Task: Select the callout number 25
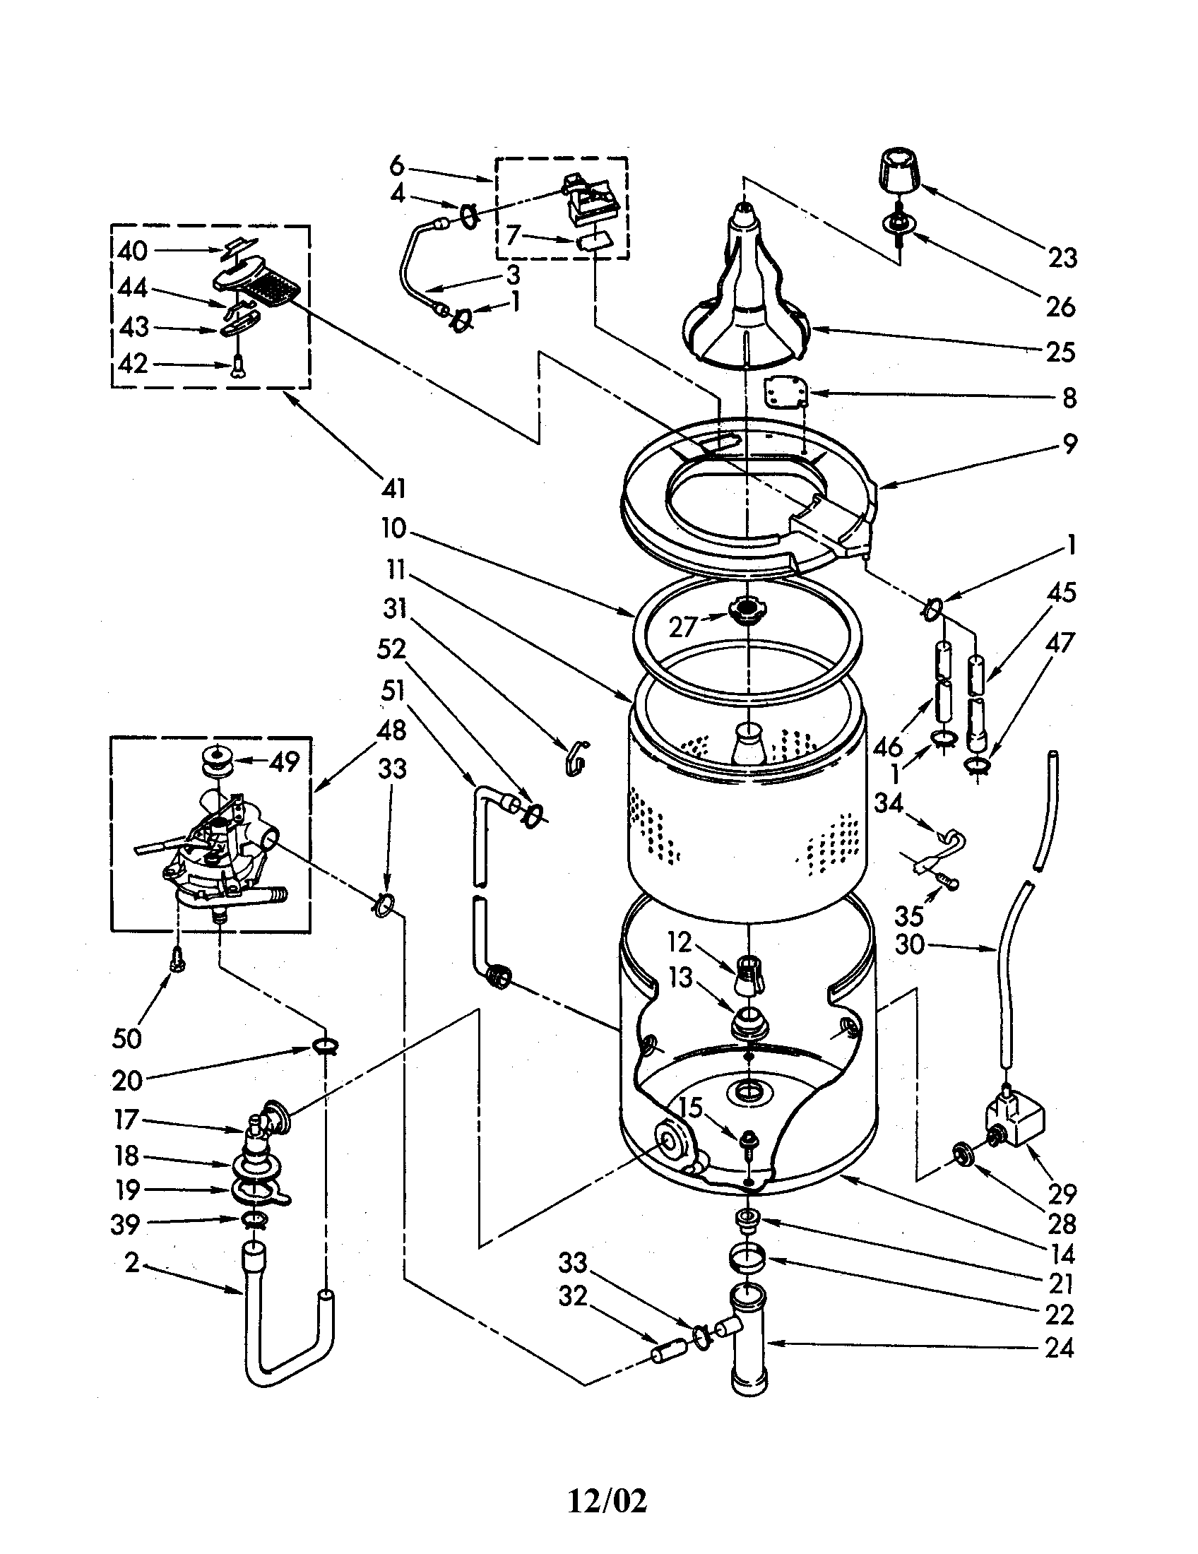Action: pyautogui.click(x=1060, y=352)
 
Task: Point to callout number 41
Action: pyautogui.click(x=393, y=488)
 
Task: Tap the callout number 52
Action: pyautogui.click(x=392, y=648)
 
